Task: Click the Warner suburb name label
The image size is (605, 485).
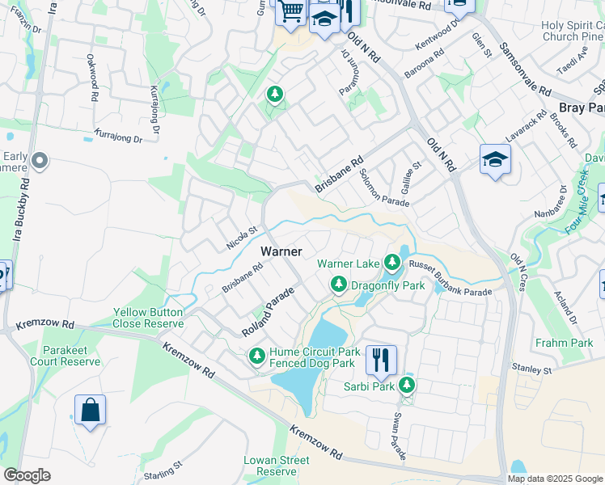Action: pyautogui.click(x=281, y=252)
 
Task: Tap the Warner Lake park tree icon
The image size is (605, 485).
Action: pyautogui.click(x=392, y=263)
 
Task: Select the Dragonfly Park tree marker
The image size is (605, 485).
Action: pyautogui.click(x=338, y=285)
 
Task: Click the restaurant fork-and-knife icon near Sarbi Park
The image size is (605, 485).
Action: pyautogui.click(x=381, y=360)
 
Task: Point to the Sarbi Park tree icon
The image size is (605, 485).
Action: pyautogui.click(x=407, y=386)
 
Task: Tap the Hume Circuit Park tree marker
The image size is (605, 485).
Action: pyautogui.click(x=257, y=356)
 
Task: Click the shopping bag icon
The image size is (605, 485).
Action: pyautogui.click(x=90, y=410)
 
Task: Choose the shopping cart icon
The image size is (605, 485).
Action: pyautogui.click(x=290, y=11)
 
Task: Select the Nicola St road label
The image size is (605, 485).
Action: pyautogui.click(x=242, y=238)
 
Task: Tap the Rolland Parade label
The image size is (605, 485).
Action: pyautogui.click(x=267, y=315)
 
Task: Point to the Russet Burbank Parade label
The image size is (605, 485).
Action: pyautogui.click(x=450, y=277)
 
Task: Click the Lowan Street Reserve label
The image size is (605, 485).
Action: pyautogui.click(x=277, y=466)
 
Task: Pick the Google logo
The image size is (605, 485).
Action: pyautogui.click(x=27, y=475)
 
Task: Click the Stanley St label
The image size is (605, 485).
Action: pyautogui.click(x=531, y=369)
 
